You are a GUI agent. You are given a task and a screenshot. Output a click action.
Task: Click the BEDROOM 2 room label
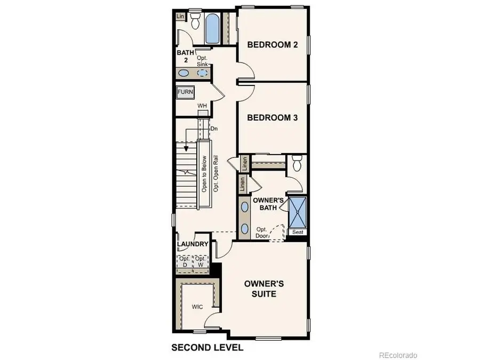(272, 45)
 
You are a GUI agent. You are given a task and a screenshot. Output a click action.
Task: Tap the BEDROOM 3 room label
(272, 118)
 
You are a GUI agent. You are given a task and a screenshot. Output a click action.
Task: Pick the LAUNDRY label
(193, 244)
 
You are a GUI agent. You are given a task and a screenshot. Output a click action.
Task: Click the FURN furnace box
(185, 92)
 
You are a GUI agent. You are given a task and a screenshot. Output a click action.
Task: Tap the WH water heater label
(202, 106)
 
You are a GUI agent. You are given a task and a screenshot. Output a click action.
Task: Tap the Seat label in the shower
(297, 232)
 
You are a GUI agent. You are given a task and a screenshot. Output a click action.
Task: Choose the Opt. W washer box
(201, 262)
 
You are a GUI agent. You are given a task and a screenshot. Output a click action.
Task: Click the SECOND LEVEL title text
(207, 348)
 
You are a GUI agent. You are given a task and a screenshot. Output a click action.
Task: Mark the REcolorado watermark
(398, 355)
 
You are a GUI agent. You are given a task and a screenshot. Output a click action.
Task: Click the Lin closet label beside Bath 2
(180, 17)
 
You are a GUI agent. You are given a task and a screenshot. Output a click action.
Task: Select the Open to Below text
(204, 174)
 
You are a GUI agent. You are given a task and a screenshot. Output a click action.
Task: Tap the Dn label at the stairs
(214, 129)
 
